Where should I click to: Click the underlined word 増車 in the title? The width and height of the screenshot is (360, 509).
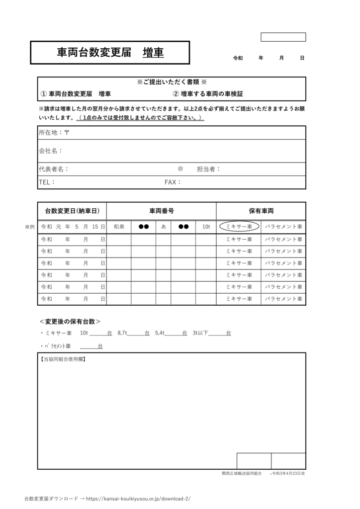pos(153,53)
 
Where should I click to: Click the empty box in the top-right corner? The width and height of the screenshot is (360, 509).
pos(283,37)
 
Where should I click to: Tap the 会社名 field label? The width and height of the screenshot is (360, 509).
pos(51,151)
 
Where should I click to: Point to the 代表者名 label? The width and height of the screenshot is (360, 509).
pos(54,169)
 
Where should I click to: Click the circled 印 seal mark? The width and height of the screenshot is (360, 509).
pos(180,169)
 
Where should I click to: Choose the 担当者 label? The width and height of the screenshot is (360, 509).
pos(208,169)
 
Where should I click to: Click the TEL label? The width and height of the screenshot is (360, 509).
pos(47,182)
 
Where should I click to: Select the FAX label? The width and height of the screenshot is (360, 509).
pos(173,182)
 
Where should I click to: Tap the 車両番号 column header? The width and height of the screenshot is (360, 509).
pos(162,211)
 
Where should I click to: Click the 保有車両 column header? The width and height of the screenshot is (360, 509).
pos(261,211)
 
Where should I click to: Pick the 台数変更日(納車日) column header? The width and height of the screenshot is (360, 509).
pos(72,211)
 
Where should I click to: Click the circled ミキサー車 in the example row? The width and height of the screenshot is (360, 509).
pos(239,227)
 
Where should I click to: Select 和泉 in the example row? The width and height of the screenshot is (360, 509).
pos(119,227)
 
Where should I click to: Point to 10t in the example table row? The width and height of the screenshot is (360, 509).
pos(206,227)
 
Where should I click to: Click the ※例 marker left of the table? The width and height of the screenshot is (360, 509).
pos(30,227)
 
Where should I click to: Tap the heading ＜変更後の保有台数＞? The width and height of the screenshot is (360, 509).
pos(70,321)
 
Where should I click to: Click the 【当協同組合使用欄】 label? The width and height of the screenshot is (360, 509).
pos(63,358)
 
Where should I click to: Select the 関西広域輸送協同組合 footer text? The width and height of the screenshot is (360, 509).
pos(242,474)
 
